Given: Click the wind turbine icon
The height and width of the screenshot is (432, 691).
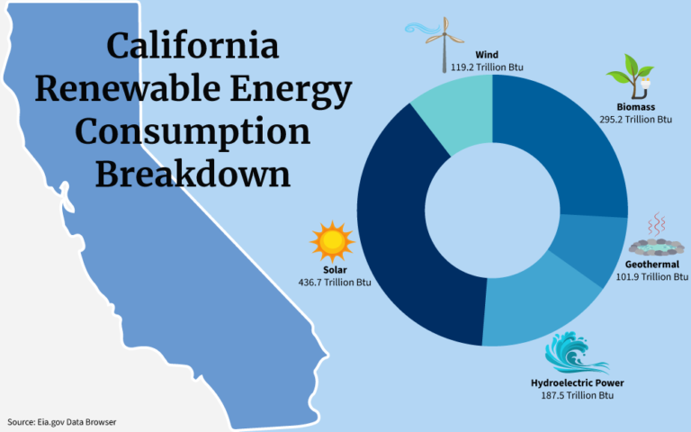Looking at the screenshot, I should [x=444, y=40].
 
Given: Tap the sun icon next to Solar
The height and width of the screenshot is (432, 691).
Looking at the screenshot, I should [x=332, y=241].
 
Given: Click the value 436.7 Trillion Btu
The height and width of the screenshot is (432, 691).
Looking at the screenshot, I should [x=335, y=283].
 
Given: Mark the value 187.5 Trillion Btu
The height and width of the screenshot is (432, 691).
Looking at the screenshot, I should [x=577, y=396].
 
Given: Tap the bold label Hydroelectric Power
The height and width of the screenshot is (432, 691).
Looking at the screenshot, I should [x=577, y=383].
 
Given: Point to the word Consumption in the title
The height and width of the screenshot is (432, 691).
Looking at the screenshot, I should [x=193, y=131].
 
